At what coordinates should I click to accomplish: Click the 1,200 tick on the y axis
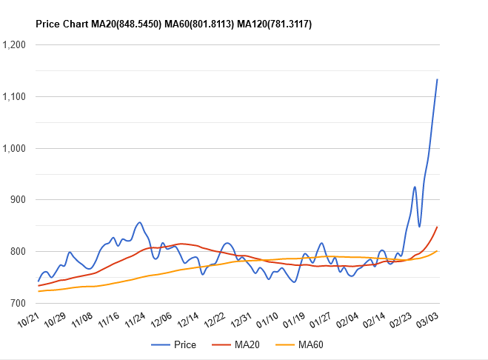15,44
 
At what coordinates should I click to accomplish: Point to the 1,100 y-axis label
15,96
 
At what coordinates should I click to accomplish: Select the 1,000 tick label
15,148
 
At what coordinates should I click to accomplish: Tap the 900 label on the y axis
19,199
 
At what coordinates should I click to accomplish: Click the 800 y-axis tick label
19,251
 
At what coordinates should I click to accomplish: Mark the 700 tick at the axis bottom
19,303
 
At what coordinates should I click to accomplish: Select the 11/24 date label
136,320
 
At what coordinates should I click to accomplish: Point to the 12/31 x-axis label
242,320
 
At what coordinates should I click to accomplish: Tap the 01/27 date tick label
322,320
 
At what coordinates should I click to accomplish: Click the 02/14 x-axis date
375,320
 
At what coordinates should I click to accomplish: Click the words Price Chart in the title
61,24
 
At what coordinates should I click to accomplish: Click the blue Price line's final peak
438,79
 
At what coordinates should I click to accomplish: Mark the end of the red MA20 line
438,227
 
